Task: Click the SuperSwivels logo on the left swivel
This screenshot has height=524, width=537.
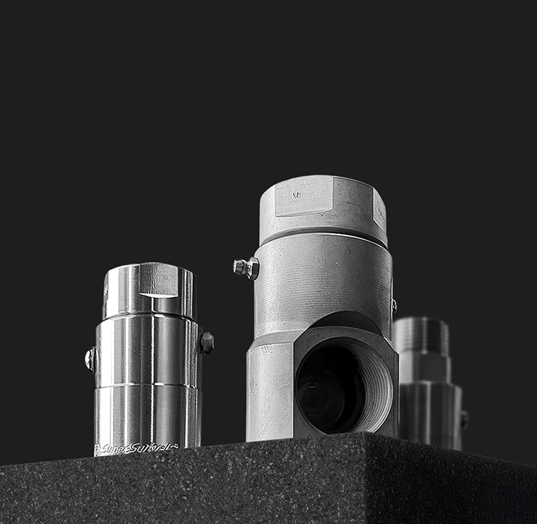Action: [x=135, y=449]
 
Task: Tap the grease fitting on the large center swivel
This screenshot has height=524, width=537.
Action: [x=246, y=268]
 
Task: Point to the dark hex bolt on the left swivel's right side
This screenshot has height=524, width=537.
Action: [x=207, y=343]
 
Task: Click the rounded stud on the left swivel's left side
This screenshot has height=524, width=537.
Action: [x=90, y=359]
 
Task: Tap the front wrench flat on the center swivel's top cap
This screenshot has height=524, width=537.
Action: [x=304, y=195]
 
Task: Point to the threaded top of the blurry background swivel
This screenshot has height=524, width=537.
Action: [x=421, y=335]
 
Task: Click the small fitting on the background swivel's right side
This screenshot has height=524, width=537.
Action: [x=464, y=419]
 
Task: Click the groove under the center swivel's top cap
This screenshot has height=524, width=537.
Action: [x=322, y=234]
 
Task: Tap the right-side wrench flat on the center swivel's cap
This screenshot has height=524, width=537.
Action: [x=379, y=208]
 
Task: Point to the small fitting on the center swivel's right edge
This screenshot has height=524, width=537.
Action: [x=394, y=307]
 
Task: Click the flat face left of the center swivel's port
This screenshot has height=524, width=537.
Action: [x=269, y=390]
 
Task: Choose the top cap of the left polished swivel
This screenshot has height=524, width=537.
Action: [x=149, y=290]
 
